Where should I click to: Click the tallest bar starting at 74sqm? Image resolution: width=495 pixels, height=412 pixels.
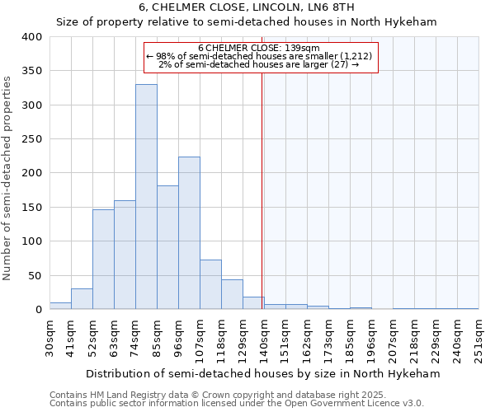[x=146, y=197]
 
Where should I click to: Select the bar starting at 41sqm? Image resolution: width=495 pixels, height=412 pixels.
[x=82, y=299]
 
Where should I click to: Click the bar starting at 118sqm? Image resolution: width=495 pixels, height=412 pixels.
[x=232, y=294]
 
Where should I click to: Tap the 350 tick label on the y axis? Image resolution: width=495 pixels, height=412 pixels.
[x=31, y=71]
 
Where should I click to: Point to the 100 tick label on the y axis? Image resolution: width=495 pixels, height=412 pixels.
[x=31, y=241]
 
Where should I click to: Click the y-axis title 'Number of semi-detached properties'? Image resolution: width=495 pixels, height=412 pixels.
[x=8, y=177]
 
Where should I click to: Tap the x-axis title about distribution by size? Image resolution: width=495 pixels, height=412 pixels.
[x=263, y=373]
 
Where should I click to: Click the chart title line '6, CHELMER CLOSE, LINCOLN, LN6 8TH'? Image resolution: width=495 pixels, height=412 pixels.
[x=247, y=7]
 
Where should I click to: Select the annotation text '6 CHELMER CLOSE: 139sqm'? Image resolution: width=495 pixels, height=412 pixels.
[x=259, y=48]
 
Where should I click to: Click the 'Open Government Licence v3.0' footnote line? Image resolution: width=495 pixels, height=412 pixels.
[x=237, y=403]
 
